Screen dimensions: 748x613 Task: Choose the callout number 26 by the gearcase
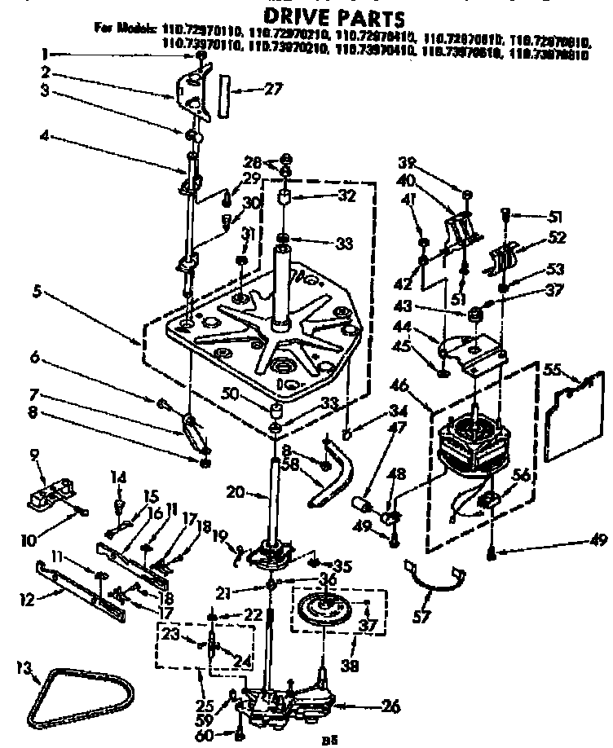click(390, 707)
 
